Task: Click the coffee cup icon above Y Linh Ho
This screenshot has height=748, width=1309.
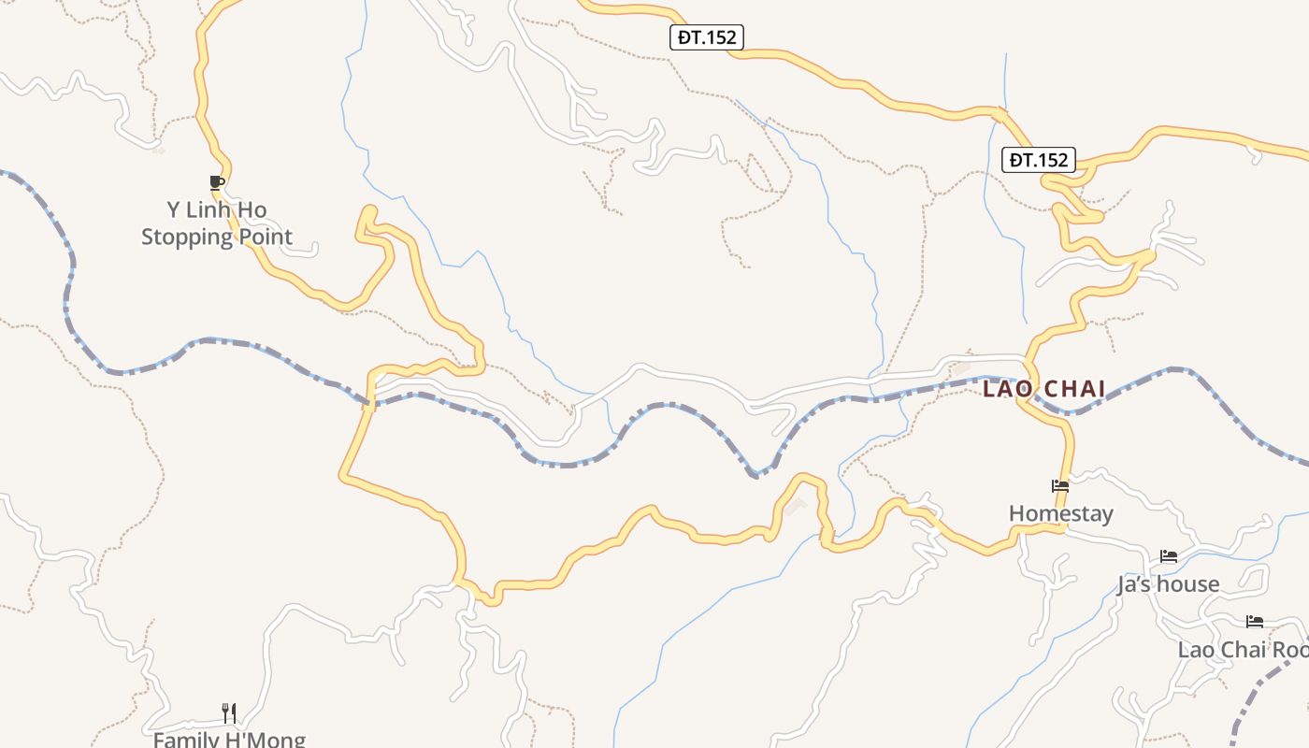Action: [217, 181]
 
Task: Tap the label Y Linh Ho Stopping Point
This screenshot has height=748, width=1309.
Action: [217, 223]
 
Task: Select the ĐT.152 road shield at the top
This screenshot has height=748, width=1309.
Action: [707, 37]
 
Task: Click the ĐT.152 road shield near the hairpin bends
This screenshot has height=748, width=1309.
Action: [1039, 160]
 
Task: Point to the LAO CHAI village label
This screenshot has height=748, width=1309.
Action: [1044, 388]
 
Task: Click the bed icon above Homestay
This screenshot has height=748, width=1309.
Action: [1059, 486]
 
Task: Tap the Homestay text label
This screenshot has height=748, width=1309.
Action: [1061, 513]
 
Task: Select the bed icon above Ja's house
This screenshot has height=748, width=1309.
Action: [1168, 556]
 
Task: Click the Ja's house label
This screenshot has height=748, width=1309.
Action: [1168, 584]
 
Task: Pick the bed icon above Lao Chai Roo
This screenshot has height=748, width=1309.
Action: [1254, 622]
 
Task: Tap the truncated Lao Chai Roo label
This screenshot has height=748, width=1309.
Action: [1243, 650]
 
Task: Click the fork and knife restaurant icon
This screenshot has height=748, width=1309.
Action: [229, 712]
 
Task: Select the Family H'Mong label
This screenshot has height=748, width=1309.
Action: [229, 740]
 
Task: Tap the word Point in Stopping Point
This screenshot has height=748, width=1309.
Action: [266, 237]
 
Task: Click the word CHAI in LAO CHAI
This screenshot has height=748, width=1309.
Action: [1072, 388]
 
